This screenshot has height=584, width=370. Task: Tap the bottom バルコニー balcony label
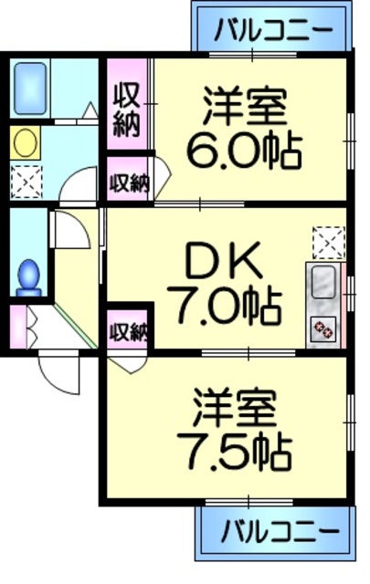[x=273, y=529]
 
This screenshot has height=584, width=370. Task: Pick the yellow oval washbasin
[x=26, y=142]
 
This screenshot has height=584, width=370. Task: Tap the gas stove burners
[x=322, y=328]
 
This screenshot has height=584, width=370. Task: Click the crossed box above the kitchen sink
[x=327, y=242]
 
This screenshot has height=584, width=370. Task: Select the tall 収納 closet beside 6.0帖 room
[x=126, y=109]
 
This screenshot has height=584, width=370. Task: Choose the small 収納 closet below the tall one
[x=128, y=183]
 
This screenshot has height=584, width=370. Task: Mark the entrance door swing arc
[x=57, y=365]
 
